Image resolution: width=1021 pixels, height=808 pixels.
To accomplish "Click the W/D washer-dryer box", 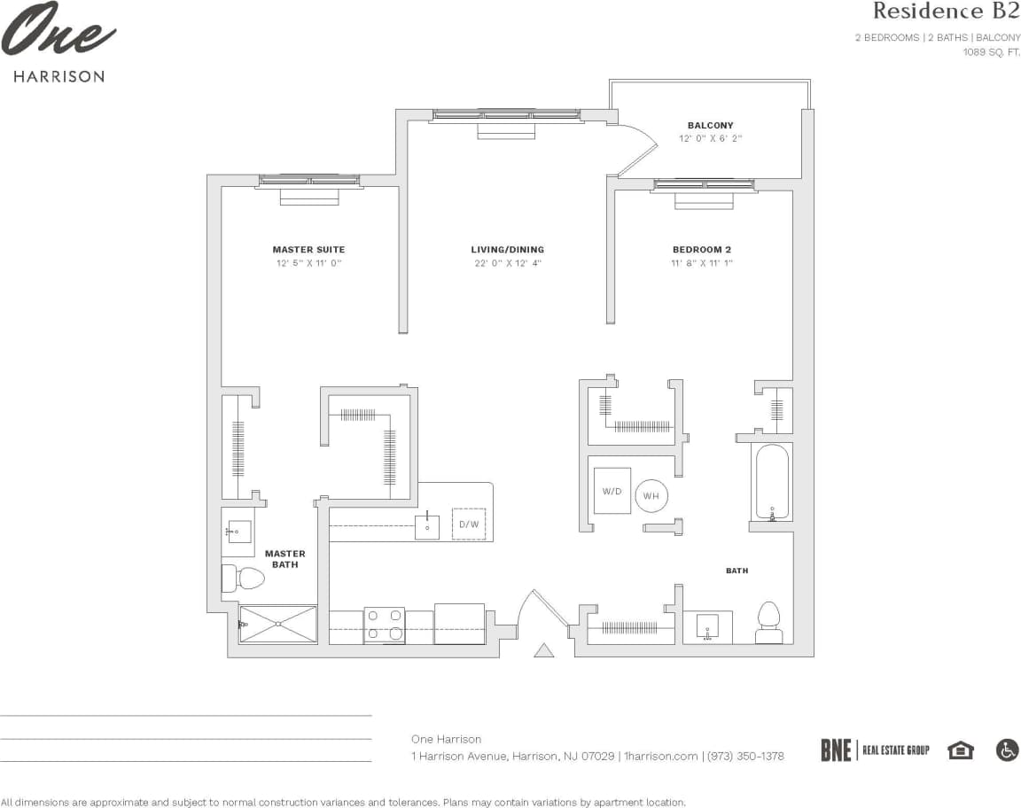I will point(612,491).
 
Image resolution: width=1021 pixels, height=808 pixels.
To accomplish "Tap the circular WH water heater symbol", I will point(651,496).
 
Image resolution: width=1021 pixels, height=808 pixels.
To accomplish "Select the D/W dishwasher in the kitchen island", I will point(469,524).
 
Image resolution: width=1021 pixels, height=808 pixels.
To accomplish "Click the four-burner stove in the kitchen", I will point(385,625).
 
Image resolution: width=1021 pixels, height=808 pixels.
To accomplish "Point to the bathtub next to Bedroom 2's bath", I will point(771,482).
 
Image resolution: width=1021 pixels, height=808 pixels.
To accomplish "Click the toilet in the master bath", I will point(244,579).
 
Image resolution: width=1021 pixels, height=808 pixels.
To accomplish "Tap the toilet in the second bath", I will point(768,622).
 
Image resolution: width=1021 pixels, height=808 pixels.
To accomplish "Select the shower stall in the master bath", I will point(278,624).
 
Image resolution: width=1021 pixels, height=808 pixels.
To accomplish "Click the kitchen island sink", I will point(427,526).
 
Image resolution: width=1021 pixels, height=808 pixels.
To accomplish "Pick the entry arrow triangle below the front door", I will point(544,650).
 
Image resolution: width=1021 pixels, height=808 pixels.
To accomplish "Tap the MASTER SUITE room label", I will point(308,250).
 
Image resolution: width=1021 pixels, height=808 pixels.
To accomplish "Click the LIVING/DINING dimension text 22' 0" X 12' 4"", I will point(507,263).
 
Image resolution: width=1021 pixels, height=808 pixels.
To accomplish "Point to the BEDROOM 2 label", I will point(702,250).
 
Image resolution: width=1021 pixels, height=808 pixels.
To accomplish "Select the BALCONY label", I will point(710,126).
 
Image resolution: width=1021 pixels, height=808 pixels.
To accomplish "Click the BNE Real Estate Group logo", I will point(874,750).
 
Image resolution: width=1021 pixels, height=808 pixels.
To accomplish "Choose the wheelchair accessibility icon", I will point(1007,750).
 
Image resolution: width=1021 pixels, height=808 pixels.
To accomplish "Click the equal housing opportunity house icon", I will point(960,750).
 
